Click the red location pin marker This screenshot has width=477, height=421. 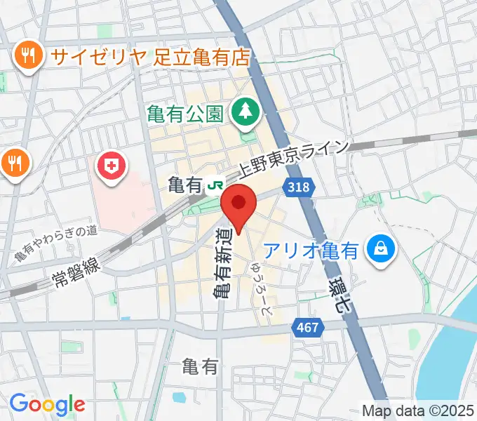click(x=238, y=204)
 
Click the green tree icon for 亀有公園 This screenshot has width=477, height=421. click(x=245, y=111)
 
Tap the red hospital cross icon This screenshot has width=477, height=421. click(x=112, y=167)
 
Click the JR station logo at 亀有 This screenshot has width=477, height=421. click(x=215, y=186)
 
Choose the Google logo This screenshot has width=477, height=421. click(x=47, y=404)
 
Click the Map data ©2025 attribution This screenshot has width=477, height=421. click(x=418, y=410)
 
